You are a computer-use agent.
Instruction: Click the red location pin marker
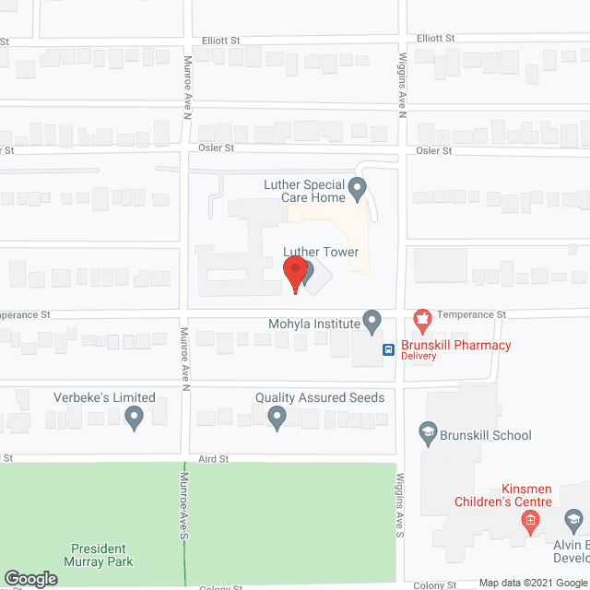tap(295, 275)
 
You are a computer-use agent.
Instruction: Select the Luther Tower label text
tap(322, 252)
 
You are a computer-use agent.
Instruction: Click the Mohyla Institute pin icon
tap(372, 321)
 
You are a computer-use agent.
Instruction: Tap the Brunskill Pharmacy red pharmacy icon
tap(423, 322)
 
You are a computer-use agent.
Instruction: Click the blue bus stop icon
tap(389, 349)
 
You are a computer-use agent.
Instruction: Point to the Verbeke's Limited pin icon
tap(134, 419)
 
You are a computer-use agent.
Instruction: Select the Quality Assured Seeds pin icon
tap(277, 419)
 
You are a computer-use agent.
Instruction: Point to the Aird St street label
tap(211, 458)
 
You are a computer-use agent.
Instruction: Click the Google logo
tap(30, 579)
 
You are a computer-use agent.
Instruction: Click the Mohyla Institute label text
tap(313, 324)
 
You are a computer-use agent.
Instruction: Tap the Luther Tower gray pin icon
tap(307, 273)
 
